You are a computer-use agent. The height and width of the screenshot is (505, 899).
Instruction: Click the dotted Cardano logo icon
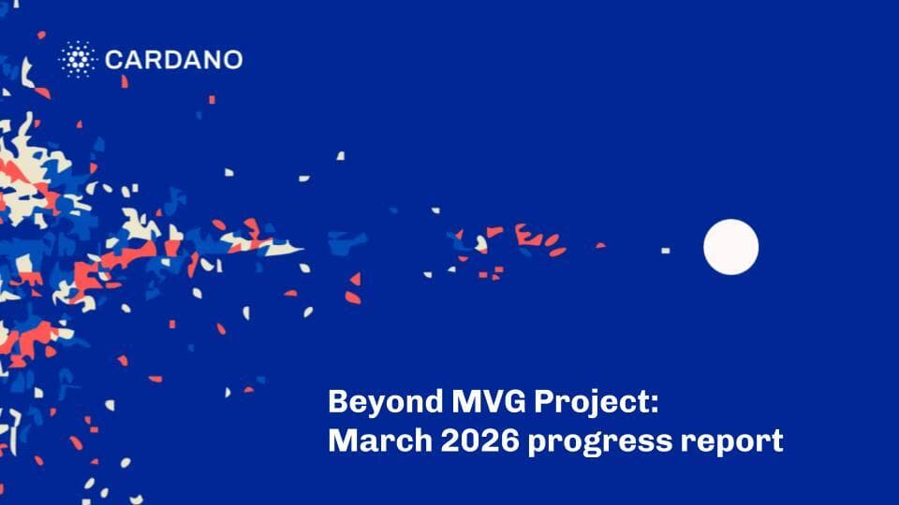coord(77,60)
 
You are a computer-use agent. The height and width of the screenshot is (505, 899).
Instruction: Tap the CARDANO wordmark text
coord(173,61)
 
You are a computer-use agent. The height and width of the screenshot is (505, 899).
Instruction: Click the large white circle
coord(730,247)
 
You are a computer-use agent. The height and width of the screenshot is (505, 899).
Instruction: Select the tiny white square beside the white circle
coord(666,251)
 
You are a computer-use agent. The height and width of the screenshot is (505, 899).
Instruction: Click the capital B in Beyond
coord(338,403)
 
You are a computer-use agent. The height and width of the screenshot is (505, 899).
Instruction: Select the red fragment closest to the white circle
coord(599,246)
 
